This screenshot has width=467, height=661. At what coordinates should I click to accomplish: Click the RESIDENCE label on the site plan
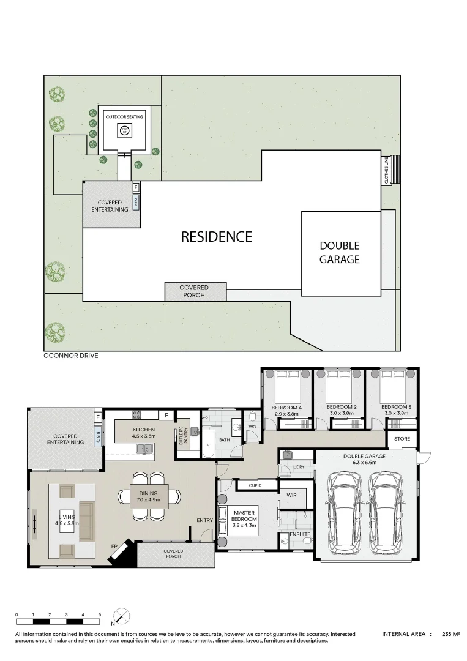[x=216, y=237]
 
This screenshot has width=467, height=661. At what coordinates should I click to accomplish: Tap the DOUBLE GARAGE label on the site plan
[x=339, y=252]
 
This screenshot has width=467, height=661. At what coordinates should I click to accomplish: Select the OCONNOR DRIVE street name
[x=71, y=356]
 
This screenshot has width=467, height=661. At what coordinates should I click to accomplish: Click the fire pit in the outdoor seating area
[x=124, y=130]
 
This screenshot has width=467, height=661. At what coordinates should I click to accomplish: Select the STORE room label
[x=402, y=439]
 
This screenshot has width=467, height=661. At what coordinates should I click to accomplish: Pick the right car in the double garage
[x=389, y=509]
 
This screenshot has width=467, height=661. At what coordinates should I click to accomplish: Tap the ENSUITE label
[x=299, y=534]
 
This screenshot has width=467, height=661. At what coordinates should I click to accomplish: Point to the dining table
[x=149, y=494]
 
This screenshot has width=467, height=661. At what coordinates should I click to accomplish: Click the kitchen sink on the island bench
[x=145, y=449]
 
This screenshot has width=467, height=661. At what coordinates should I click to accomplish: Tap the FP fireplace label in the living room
[x=114, y=545]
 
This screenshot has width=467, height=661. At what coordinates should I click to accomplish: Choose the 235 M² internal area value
[x=451, y=635]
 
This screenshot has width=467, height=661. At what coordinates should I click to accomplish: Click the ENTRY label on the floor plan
[x=204, y=520]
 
